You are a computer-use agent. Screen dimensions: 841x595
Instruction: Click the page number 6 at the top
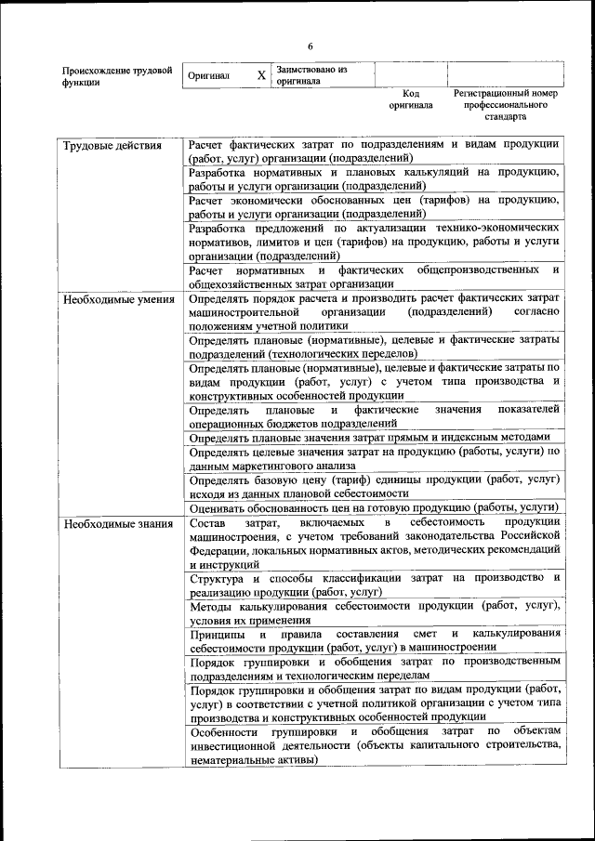311,47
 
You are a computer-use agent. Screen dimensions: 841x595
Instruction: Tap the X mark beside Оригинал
261,74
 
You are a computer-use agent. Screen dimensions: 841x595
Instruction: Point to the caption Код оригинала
411,99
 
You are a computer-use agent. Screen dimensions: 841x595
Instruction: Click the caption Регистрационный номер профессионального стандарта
505,105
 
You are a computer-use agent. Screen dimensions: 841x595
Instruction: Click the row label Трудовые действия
112,146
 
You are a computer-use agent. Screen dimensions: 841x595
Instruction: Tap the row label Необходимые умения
118,300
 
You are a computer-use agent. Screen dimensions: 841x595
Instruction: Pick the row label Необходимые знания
117,525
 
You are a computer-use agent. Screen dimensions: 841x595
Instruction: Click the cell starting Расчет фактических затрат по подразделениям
373,151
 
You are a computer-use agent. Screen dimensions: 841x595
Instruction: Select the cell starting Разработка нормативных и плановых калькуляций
373,179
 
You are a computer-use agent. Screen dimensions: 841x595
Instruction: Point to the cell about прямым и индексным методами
373,438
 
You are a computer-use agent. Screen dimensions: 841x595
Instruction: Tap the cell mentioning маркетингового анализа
373,458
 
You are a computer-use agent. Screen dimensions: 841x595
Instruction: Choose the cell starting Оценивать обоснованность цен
373,507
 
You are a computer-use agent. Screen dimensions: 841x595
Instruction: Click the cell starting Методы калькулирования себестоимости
373,612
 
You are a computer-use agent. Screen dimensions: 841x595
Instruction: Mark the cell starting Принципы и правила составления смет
373,639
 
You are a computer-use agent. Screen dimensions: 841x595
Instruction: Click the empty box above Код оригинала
411,74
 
